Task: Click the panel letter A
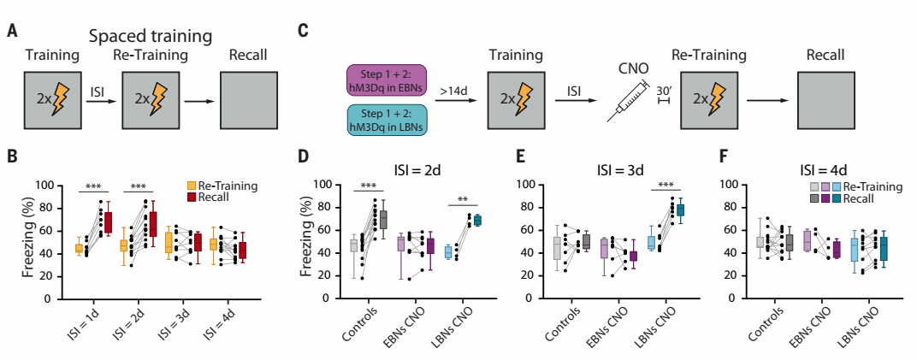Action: [x=11, y=32]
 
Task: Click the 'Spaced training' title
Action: [x=151, y=36]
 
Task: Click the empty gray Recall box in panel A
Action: [x=248, y=100]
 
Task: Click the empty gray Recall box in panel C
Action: [x=826, y=100]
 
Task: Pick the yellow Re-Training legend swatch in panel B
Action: [x=192, y=185]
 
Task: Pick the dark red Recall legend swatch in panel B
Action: [x=192, y=197]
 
